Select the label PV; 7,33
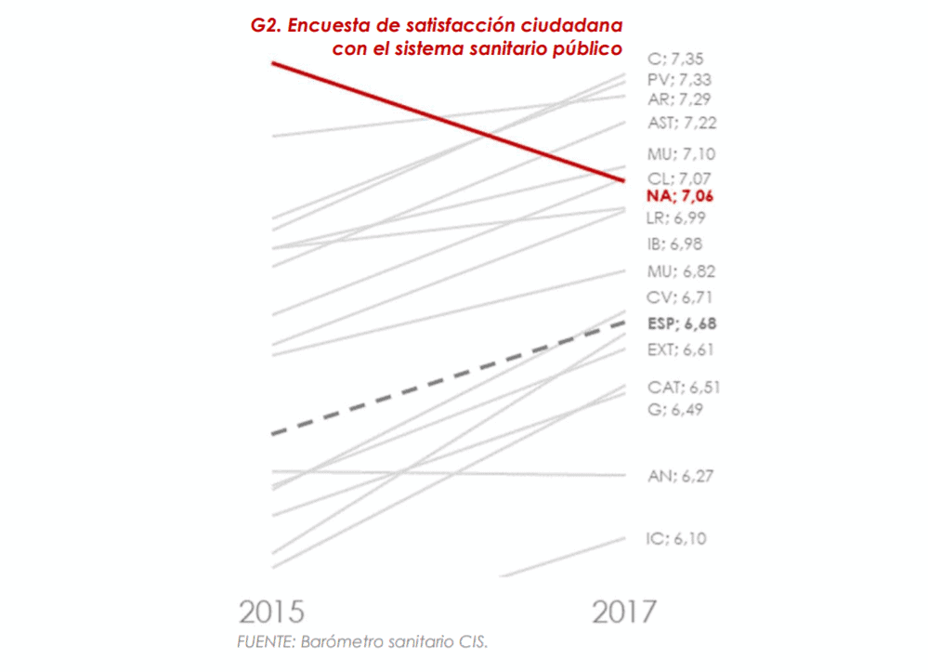(x=679, y=80)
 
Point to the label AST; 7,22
(x=683, y=123)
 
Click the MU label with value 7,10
(x=682, y=154)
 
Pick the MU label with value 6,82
(x=682, y=272)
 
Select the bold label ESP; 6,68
(x=683, y=324)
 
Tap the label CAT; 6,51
(x=684, y=388)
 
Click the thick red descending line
(x=446, y=120)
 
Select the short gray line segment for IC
(x=562, y=557)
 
